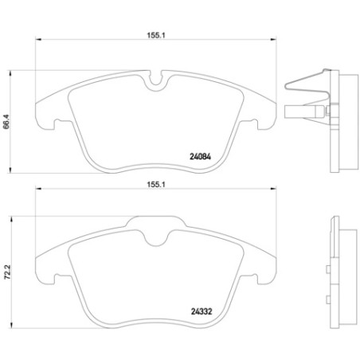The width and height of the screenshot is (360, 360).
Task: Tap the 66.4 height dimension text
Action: click(8, 120)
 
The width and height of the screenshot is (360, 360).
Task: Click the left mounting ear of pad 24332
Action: click(45, 274)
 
